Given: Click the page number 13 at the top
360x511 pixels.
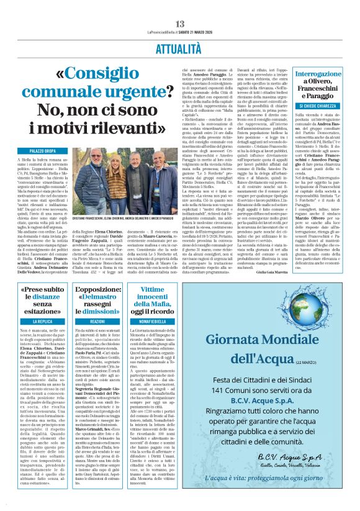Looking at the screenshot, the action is pyautogui.click(x=180, y=24).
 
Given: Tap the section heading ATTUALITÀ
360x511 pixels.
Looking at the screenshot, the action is pyautogui.click(x=180, y=47).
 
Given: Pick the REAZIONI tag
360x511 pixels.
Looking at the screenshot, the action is pyautogui.click(x=97, y=322).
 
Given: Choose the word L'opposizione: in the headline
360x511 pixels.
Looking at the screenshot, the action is pyautogui.click(x=97, y=289).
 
